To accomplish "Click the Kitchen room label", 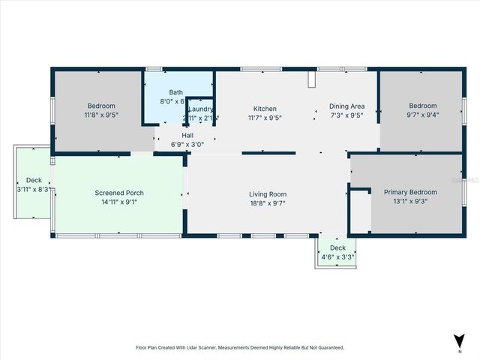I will click(265, 108).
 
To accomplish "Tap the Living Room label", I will click(268, 194).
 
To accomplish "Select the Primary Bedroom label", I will click(410, 192).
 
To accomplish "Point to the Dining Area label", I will click(346, 106).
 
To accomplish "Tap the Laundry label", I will click(201, 109).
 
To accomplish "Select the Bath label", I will click(175, 91).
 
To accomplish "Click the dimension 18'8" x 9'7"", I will click(268, 203).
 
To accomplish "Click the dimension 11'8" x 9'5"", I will click(100, 115).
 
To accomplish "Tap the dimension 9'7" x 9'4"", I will click(421, 115).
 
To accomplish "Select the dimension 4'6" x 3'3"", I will click(337, 256).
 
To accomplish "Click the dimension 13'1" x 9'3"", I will click(410, 202).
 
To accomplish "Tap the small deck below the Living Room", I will click(337, 252).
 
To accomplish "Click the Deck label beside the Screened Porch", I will click(34, 180).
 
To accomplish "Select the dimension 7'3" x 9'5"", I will click(346, 116).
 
